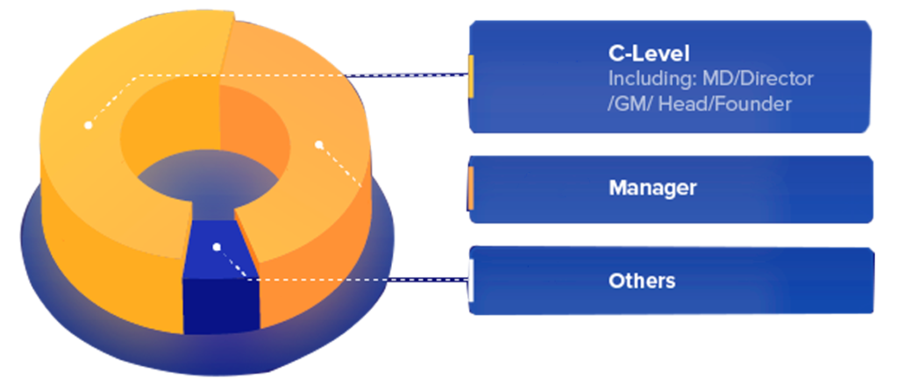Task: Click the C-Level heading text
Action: pyautogui.click(x=648, y=53)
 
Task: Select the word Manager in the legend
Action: pyautogui.click(x=652, y=188)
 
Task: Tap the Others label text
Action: pyautogui.click(x=642, y=281)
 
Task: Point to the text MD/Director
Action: pyautogui.click(x=756, y=79)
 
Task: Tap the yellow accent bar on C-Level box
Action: pyautogui.click(x=471, y=76)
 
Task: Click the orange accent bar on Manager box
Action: pyautogui.click(x=471, y=189)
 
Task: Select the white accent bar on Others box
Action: pyautogui.click(x=471, y=281)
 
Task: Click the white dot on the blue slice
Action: pyautogui.click(x=216, y=247)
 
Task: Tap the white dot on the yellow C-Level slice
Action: pyautogui.click(x=88, y=125)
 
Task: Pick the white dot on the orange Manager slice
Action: pyautogui.click(x=318, y=144)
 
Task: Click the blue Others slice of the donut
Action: pyautogui.click(x=217, y=237)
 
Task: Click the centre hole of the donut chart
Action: pyautogui.click(x=202, y=175)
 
